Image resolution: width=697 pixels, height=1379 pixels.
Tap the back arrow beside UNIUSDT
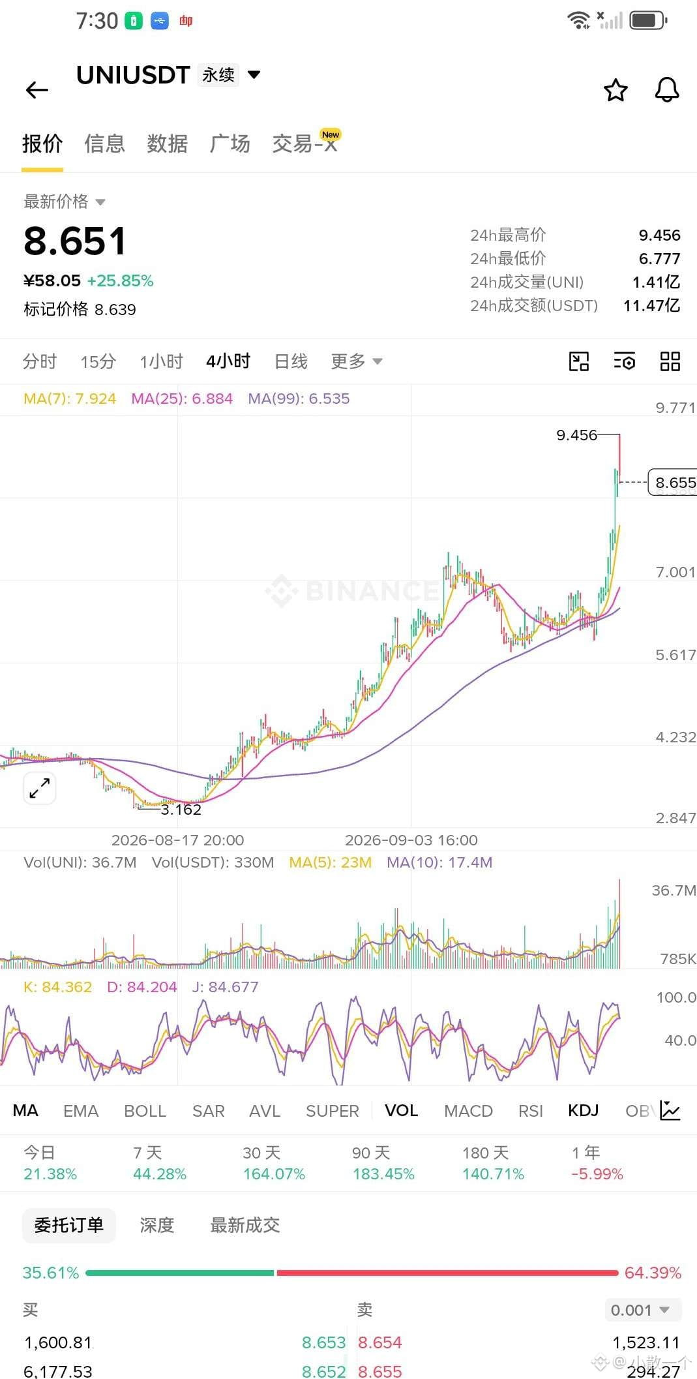point(37,90)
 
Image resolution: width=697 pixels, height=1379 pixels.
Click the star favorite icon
point(615,90)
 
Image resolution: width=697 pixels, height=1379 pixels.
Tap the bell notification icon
point(666,90)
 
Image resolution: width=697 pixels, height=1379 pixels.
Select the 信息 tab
point(104,144)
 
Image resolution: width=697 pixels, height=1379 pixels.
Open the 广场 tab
point(230,144)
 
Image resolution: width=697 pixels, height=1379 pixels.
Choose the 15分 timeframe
point(98,361)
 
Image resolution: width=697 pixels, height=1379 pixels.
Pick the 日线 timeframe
point(291,361)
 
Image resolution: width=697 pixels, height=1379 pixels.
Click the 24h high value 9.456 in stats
point(659,235)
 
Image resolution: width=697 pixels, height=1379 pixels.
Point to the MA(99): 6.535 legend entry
point(299,399)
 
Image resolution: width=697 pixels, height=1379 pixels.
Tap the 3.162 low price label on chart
point(181,810)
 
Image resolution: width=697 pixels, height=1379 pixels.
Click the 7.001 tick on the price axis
point(675,572)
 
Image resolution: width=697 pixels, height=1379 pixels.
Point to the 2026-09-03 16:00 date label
point(411,840)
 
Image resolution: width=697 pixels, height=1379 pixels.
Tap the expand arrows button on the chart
point(40,788)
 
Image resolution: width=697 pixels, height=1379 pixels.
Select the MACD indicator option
point(468,1111)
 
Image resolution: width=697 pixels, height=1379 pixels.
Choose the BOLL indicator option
point(145,1111)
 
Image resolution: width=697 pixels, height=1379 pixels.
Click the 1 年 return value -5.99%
point(597,1174)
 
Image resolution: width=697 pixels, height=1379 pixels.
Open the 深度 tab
point(157,1225)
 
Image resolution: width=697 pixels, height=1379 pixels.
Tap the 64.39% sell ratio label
point(653,1273)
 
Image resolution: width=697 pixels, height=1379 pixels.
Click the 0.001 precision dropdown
point(641,1310)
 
